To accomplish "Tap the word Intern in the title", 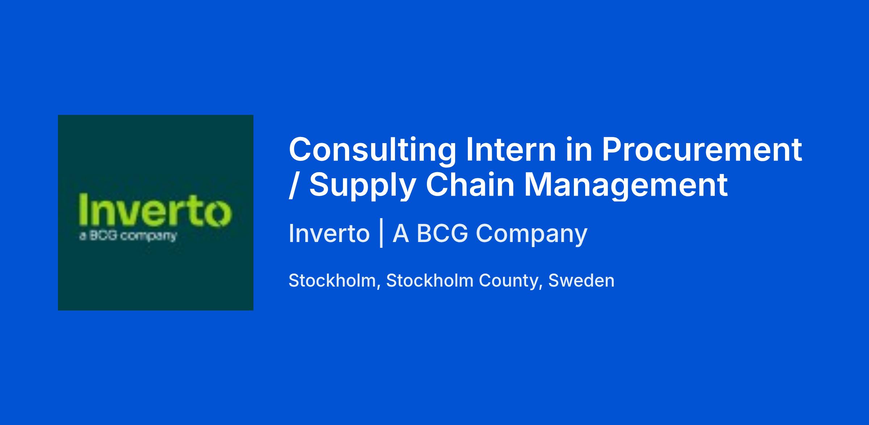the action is (x=511, y=149).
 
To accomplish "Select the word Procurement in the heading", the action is (x=702, y=149).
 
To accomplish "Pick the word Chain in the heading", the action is (x=470, y=185).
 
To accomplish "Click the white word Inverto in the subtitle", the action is (x=329, y=233).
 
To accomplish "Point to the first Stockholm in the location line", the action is (x=332, y=281).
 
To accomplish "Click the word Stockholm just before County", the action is (x=430, y=280).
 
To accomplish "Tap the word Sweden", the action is (x=581, y=280).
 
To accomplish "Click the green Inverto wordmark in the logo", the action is (x=155, y=211).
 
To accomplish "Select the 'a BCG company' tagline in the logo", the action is (x=127, y=236).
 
